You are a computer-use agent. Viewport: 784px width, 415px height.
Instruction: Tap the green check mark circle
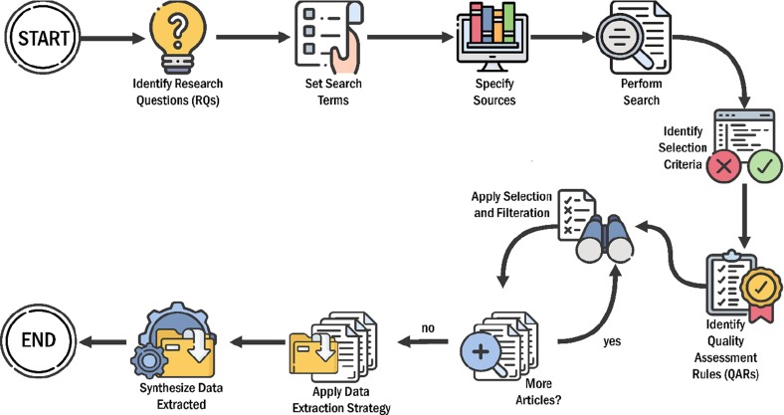[x=765, y=166]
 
